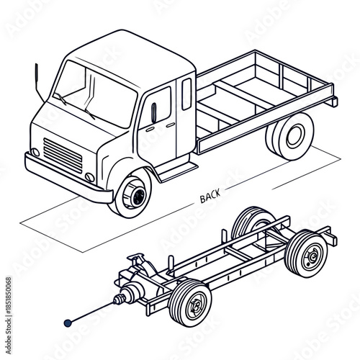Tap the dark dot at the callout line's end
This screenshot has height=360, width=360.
pyautogui.click(x=68, y=323)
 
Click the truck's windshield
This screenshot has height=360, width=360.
pyautogui.click(x=95, y=92)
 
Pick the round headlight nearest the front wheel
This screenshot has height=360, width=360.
pyautogui.click(x=89, y=177)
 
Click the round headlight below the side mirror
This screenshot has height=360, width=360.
pyautogui.click(x=35, y=153)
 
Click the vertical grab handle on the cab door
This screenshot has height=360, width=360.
pyautogui.click(x=154, y=112)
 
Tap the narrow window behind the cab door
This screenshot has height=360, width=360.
pyautogui.click(x=186, y=93)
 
